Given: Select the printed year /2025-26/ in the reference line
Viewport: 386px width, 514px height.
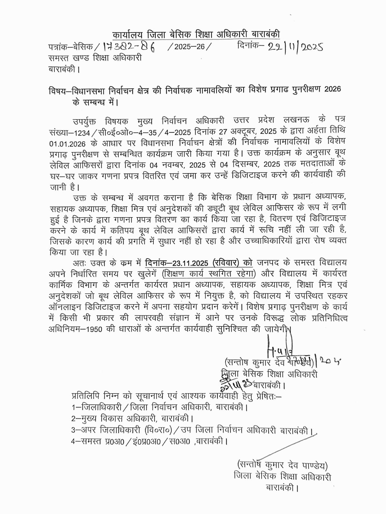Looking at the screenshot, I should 190,47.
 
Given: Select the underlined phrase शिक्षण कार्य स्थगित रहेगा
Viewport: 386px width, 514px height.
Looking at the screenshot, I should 209,274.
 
